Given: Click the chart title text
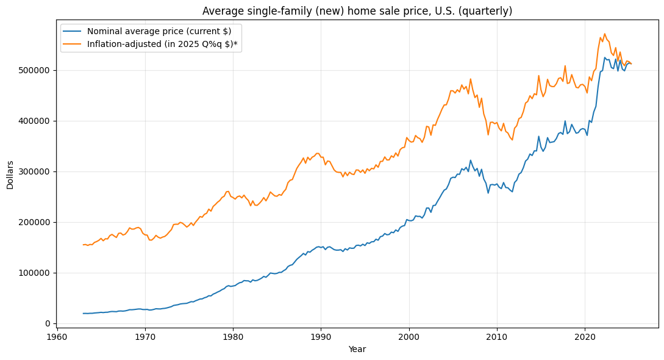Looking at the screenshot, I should click(357, 11).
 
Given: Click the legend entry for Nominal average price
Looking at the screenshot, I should click(159, 31).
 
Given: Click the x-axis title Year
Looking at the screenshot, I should click(357, 349).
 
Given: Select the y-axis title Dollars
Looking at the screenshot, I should click(10, 175).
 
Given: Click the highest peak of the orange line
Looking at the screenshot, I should click(604, 34).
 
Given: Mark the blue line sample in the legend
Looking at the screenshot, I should click(73, 31).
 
